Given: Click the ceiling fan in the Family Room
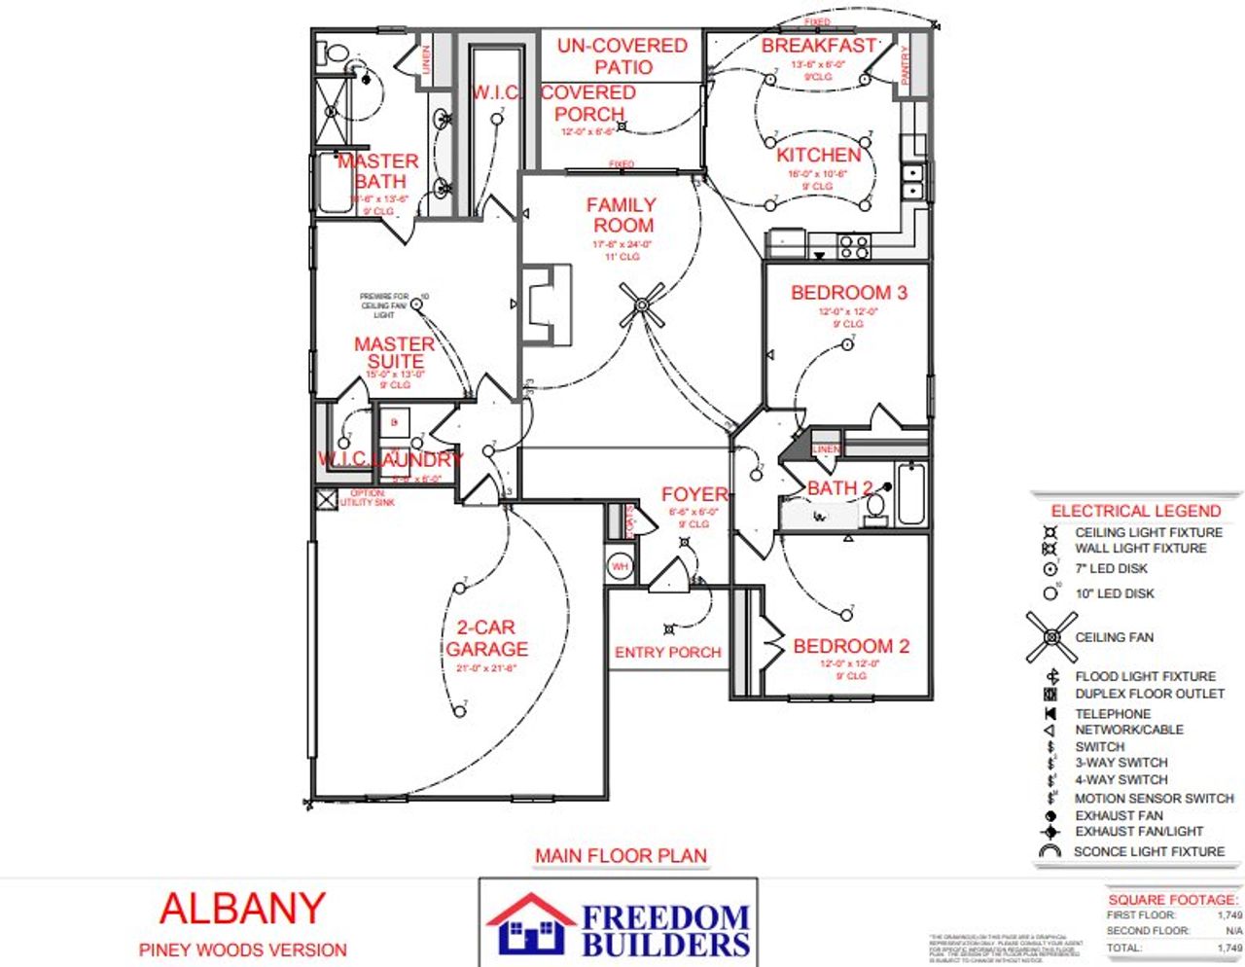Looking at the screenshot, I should point(642,305).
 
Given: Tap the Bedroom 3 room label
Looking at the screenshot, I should point(848,293).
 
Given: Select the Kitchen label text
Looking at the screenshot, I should point(818,155).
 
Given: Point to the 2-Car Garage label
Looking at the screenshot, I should point(486,638).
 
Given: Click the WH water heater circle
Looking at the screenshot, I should point(620,566).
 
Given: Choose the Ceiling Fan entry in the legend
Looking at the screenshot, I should point(1114,637).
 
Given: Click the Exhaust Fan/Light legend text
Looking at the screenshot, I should point(1138,832).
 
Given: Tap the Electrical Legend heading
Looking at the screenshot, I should point(1135,511).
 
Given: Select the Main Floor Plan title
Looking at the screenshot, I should point(621,856).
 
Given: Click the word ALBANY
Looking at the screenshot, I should point(241,909).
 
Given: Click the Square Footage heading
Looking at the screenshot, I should point(1173,900).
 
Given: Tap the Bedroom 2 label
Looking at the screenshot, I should point(851,646).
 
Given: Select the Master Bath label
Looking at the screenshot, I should point(378,171).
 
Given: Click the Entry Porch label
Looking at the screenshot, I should point(667,653).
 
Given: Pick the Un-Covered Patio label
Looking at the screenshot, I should point(622,56).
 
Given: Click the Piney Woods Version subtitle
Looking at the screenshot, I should point(242,950).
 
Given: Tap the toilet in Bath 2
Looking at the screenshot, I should point(874,505).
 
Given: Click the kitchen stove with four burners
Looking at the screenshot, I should point(854,246).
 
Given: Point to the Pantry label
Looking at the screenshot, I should point(905,65).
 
